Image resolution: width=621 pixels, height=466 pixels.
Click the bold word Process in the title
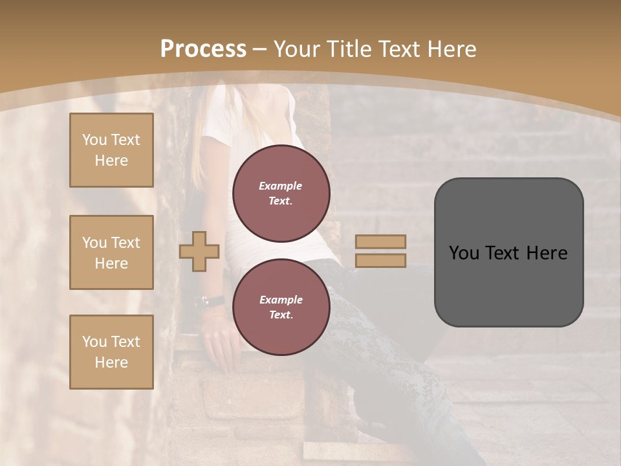tap(203, 49)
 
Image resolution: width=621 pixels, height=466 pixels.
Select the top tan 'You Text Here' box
tap(111, 150)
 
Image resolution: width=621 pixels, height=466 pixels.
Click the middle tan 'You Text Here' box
tap(111, 252)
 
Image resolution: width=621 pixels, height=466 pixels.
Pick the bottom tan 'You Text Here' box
tap(111, 351)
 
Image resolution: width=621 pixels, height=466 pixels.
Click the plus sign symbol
tap(199, 252)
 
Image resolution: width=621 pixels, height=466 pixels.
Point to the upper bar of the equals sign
tap(380, 242)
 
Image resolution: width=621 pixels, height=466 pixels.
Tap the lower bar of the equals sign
tap(380, 260)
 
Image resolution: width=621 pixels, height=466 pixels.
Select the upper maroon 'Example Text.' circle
tap(281, 193)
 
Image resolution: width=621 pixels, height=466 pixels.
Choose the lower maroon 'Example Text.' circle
tap(281, 307)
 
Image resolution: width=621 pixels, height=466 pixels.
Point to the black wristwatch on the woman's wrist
tap(213, 301)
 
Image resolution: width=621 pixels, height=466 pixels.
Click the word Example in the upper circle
tap(280, 186)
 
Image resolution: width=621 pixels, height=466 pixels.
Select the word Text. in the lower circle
tap(281, 315)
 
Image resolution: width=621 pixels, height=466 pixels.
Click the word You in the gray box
tap(464, 253)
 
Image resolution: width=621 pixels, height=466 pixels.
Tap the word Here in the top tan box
tap(111, 161)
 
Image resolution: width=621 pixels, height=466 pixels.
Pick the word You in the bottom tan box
tap(94, 342)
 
